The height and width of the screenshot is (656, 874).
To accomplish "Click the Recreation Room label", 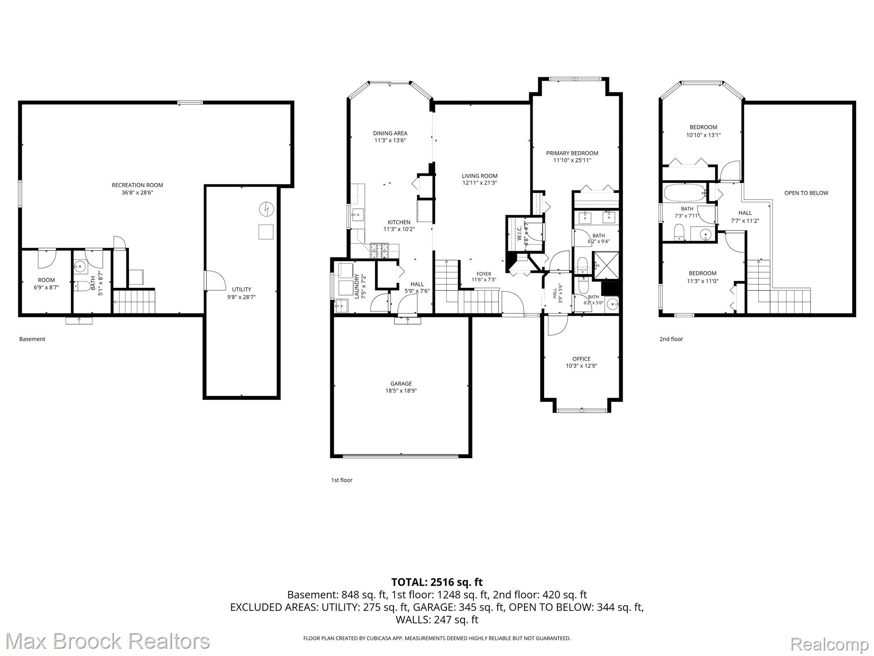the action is click(137, 185).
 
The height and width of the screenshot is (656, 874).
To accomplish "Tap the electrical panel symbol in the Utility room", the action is click(266, 209).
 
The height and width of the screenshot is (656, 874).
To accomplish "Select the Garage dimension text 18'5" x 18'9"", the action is click(401, 391).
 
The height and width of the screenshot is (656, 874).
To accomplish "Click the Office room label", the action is click(581, 359).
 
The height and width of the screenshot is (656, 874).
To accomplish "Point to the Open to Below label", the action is click(806, 193).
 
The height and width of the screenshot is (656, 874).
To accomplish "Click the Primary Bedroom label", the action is click(572, 153).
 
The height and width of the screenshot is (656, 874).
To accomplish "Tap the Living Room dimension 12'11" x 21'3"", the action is click(480, 183).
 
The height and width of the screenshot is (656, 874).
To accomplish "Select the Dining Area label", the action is click(390, 133).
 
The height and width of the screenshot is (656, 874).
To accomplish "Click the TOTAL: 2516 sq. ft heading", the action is click(437, 582).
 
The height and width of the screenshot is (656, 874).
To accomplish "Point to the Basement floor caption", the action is click(32, 339).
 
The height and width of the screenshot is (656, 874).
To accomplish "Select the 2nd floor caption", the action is click(671, 339).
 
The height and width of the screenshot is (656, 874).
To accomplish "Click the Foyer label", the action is click(484, 274).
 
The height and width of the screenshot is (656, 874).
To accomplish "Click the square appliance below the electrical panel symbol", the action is click(265, 232).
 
